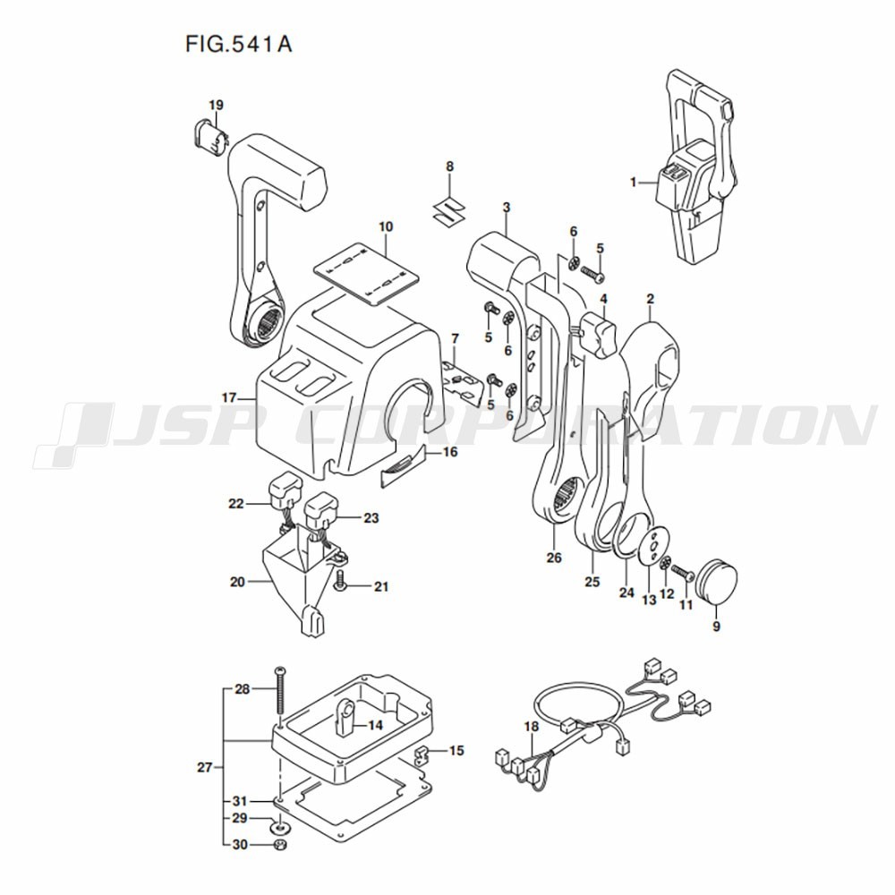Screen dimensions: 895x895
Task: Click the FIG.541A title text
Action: [239, 44]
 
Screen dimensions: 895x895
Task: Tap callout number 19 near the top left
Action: [216, 105]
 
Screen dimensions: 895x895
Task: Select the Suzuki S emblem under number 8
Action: [448, 209]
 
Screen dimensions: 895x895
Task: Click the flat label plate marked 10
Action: [366, 276]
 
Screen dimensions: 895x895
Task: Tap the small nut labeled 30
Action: [280, 844]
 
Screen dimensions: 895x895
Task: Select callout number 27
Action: [204, 767]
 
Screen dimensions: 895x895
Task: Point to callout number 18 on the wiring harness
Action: [532, 727]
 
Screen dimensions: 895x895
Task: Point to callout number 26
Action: [554, 557]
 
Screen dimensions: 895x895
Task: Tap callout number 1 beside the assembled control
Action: [633, 182]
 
